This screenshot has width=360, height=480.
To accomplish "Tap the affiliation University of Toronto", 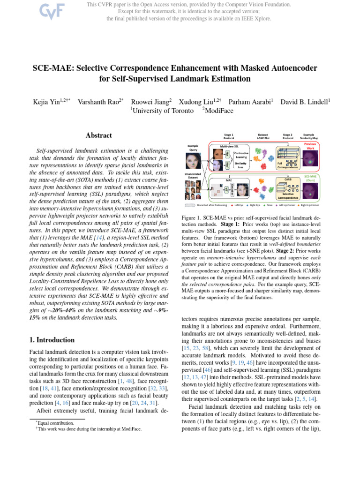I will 162,111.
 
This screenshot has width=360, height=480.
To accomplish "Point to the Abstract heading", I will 98,135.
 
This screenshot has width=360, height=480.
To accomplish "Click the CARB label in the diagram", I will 288,179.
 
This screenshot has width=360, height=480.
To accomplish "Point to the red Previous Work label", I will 310,146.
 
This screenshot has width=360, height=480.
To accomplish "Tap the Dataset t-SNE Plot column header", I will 263,137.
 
